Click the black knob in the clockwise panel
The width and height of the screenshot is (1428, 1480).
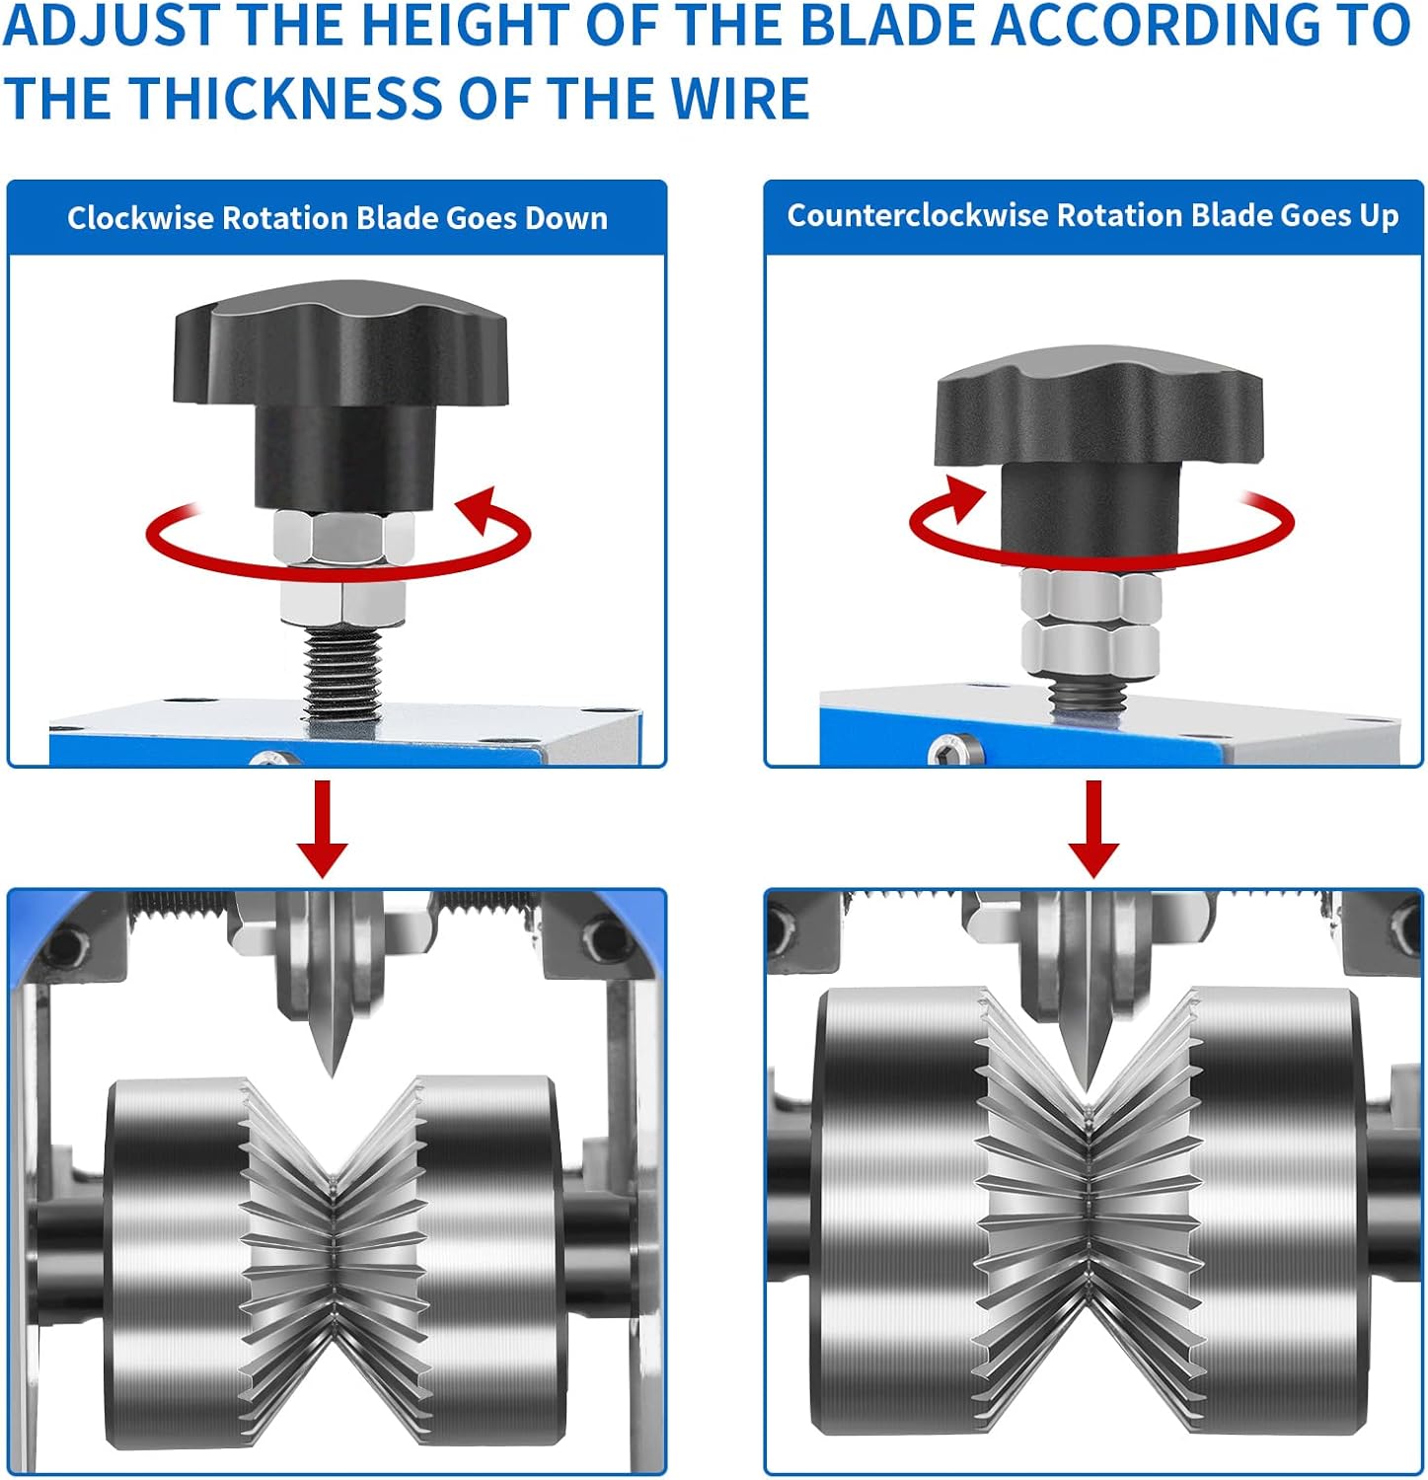click(340, 395)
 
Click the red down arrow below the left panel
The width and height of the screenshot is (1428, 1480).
click(323, 828)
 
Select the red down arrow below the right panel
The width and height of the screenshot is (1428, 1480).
click(1092, 828)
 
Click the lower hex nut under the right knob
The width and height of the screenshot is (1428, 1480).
click(1090, 648)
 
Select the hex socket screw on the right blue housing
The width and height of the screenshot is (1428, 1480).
click(954, 750)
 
